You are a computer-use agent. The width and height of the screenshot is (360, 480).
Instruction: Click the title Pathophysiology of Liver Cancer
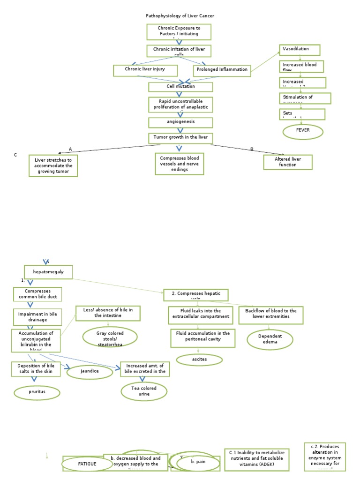pos(180,16)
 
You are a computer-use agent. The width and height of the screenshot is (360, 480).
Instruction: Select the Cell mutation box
pos(180,87)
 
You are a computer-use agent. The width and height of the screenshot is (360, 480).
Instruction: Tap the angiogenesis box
pos(180,122)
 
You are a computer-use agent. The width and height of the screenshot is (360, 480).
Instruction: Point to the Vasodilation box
pos(300,50)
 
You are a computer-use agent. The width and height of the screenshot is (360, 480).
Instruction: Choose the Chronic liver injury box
pos(146,70)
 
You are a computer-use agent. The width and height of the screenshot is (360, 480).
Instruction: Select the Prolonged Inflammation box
pos(222,70)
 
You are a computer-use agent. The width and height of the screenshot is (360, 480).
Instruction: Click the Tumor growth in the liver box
pos(180,138)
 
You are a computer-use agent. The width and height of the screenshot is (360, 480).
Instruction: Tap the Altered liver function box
pos(287,162)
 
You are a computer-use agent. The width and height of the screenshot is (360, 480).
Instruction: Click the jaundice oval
pos(90,372)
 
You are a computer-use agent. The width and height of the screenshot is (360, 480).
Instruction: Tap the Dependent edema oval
pos(270,339)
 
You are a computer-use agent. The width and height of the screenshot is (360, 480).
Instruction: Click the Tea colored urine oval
pos(144,391)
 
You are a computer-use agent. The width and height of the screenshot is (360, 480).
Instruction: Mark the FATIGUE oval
pos(87,464)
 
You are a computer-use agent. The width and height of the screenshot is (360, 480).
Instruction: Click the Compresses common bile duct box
pos(37,294)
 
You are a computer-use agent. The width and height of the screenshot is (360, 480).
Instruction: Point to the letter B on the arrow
pos(252,149)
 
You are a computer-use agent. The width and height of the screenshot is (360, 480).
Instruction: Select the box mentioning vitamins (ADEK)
pos(256,459)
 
